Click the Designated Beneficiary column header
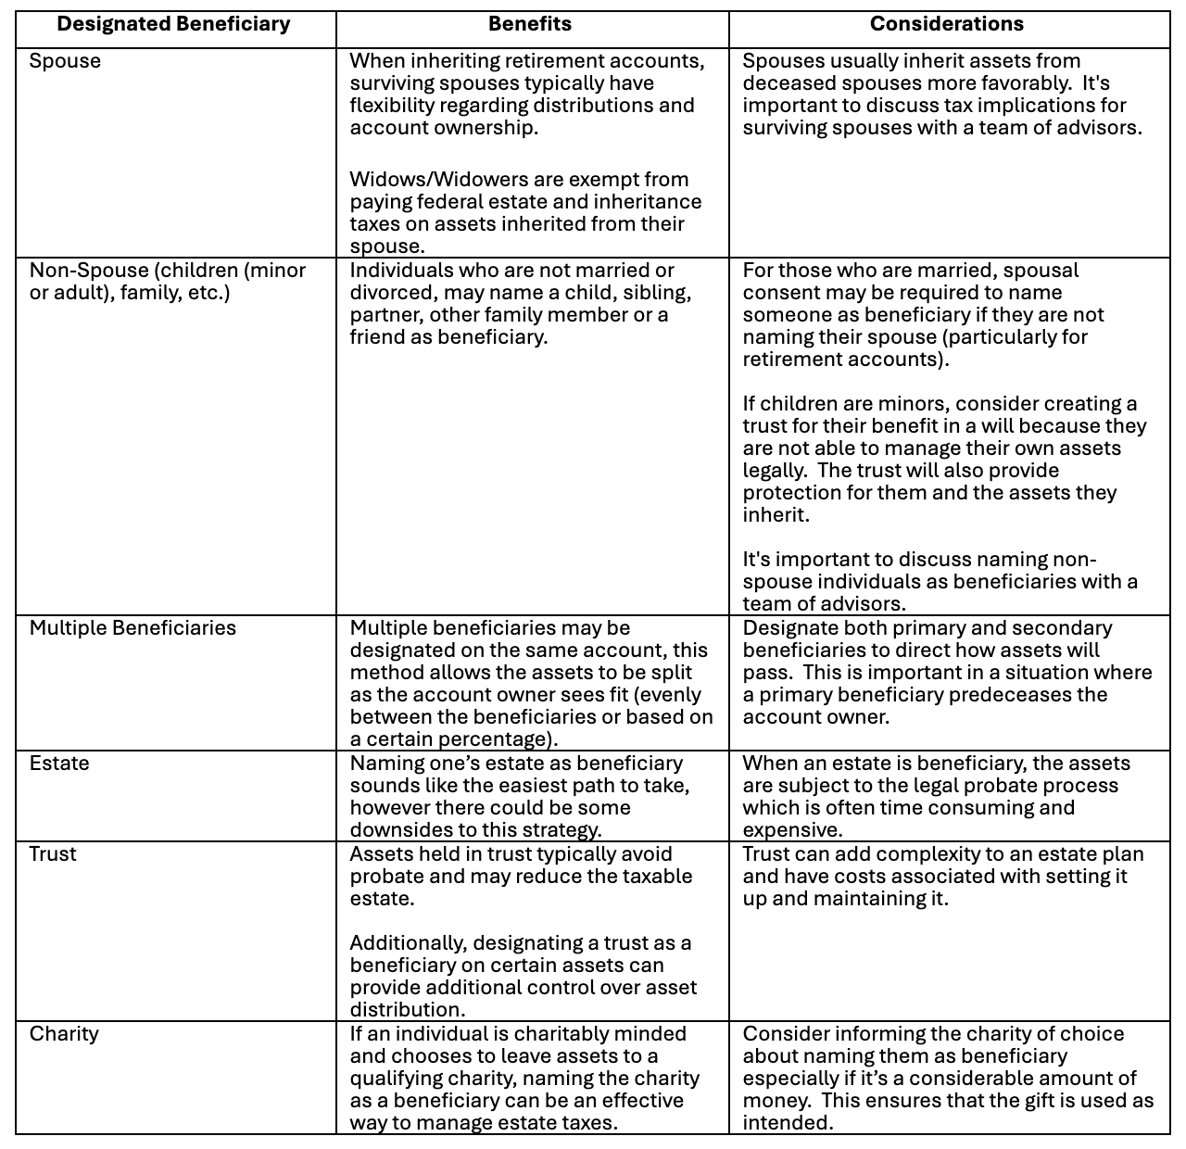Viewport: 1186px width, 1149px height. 173,25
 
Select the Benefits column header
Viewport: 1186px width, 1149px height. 530,25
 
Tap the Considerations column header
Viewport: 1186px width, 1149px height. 946,25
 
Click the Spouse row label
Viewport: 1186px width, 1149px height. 65,62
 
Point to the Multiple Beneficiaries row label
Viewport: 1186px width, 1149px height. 132,628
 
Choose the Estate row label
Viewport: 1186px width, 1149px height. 59,764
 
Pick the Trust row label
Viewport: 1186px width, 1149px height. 52,854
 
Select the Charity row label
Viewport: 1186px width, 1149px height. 63,1034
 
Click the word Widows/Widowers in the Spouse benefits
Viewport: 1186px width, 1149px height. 426,180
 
